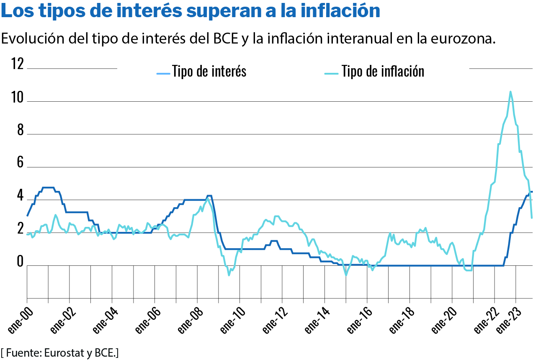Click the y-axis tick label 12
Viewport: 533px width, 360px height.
(17, 64)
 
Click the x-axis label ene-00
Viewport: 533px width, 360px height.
(18, 323)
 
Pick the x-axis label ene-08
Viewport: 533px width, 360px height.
(188, 323)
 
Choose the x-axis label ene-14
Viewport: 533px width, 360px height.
(315, 323)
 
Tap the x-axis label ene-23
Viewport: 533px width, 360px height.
(507, 323)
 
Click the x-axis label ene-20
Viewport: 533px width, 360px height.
(443, 323)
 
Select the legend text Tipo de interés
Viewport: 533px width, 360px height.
(209, 72)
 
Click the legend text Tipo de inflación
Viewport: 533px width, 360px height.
(383, 72)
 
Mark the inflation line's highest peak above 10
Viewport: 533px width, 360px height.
(510, 92)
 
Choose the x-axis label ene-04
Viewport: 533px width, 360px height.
(103, 323)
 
